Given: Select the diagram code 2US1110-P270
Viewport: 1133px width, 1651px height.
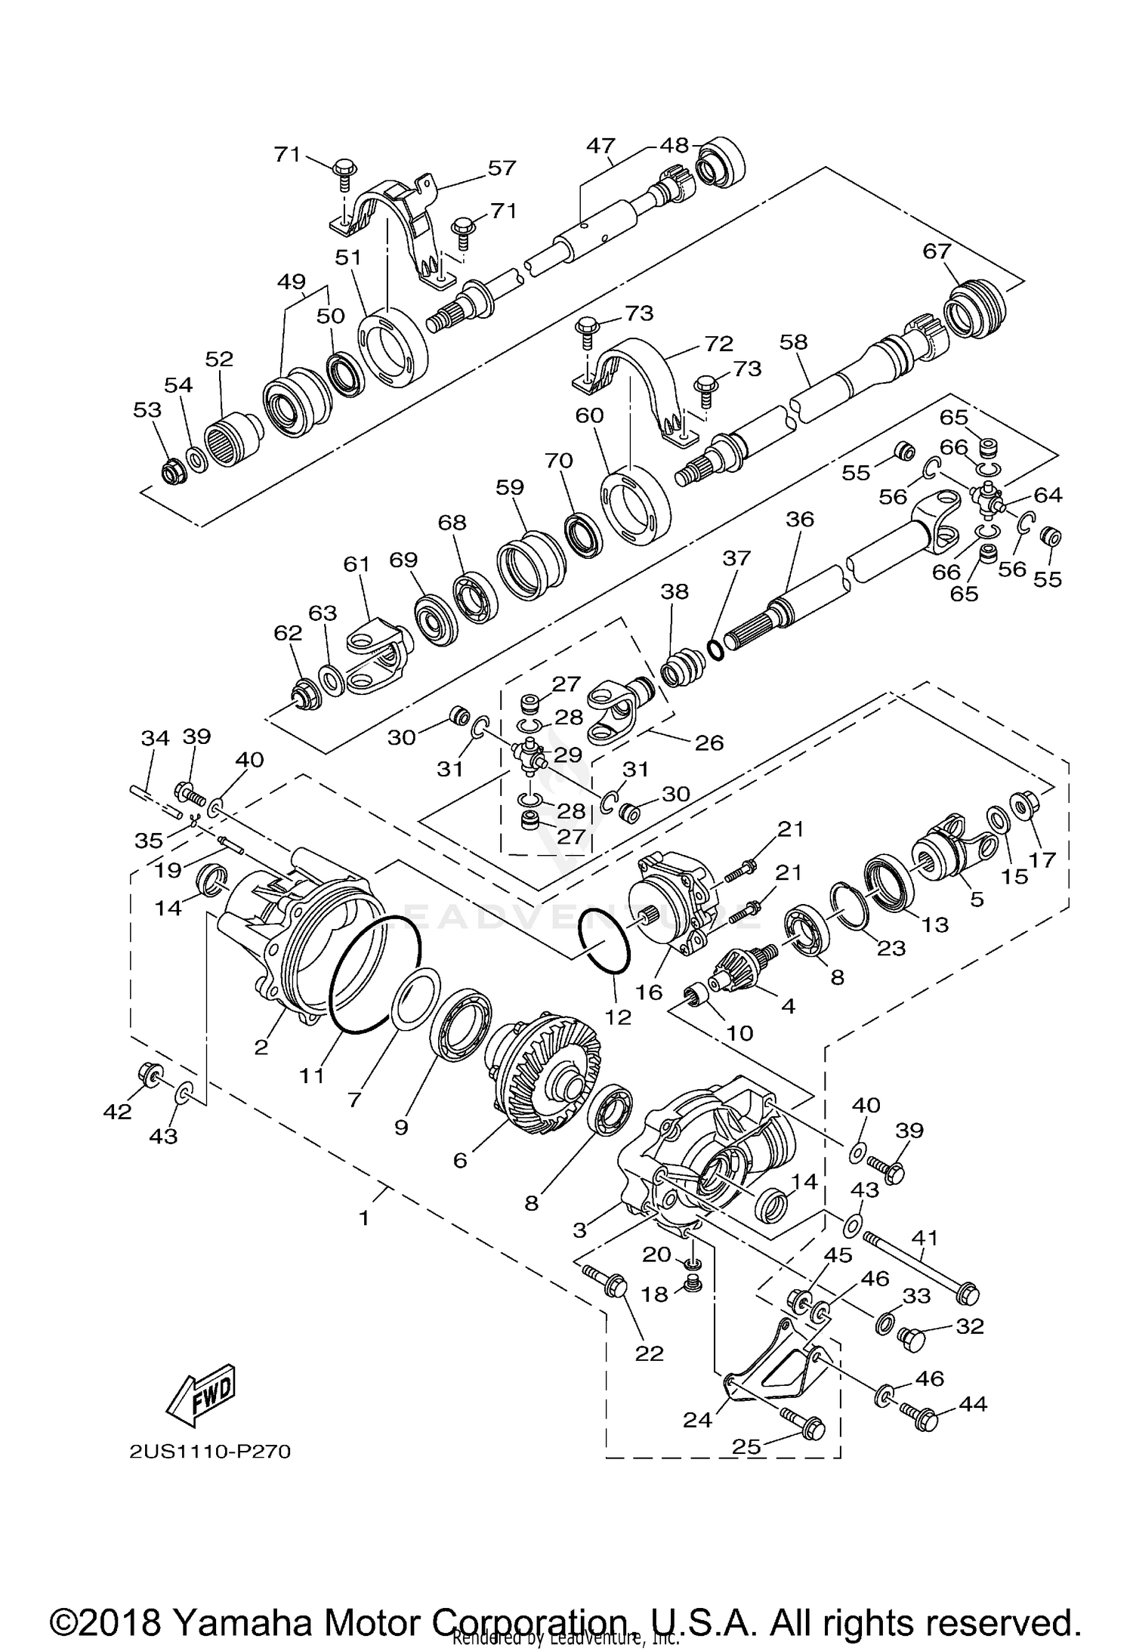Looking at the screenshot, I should point(209,1452).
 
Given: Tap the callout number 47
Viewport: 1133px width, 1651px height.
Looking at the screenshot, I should point(601,146).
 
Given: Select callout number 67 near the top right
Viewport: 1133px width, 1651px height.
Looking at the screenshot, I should point(936,251).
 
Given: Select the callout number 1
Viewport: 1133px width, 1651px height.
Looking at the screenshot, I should point(364,1218).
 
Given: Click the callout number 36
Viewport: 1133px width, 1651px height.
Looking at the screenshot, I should point(800,520).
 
